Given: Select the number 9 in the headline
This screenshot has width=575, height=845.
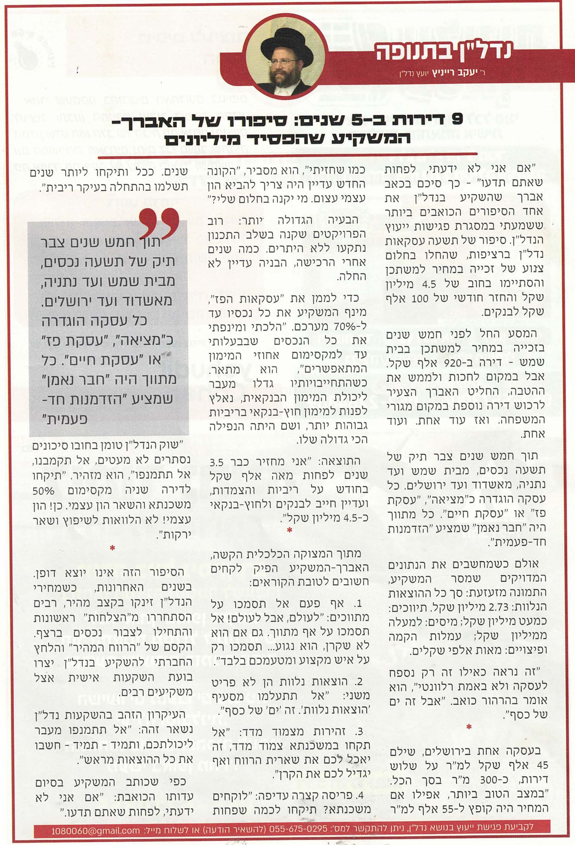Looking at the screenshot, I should pos(456,120).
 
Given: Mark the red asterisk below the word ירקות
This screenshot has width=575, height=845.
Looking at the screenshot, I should pos(112,547).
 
